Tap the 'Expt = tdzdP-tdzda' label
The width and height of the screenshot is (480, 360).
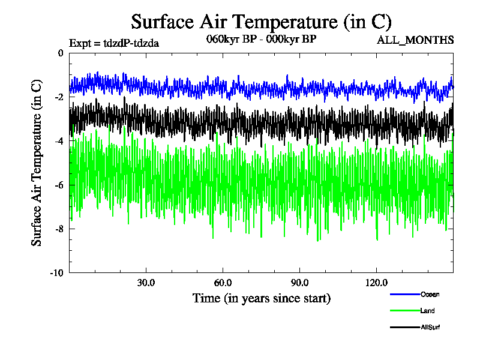point(114,43)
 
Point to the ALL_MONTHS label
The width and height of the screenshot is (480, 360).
point(415,40)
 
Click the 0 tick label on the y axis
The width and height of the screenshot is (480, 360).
point(60,53)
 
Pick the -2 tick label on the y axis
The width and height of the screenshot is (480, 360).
point(58,97)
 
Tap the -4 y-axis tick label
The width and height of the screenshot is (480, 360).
point(58,141)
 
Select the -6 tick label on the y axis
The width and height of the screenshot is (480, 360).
point(58,185)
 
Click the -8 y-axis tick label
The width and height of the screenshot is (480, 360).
point(58,229)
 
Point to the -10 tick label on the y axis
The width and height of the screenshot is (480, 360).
point(56,272)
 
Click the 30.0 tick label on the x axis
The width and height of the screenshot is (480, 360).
point(146,283)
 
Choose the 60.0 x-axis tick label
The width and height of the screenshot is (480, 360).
point(223,283)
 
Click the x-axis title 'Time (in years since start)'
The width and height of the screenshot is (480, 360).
point(261,298)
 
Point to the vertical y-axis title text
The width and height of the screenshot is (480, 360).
point(37,163)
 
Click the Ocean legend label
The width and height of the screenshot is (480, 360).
point(430,295)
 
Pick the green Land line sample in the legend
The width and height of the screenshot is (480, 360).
point(404,311)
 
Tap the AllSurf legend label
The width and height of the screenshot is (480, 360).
point(431,327)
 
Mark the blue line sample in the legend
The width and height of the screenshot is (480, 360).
point(404,295)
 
